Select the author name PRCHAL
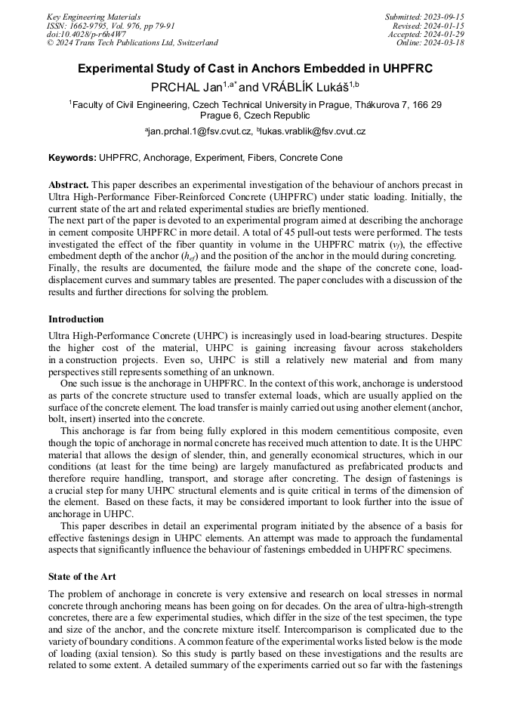point(177,87)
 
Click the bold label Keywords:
point(72,158)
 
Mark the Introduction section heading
point(76,319)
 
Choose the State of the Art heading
point(82,577)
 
